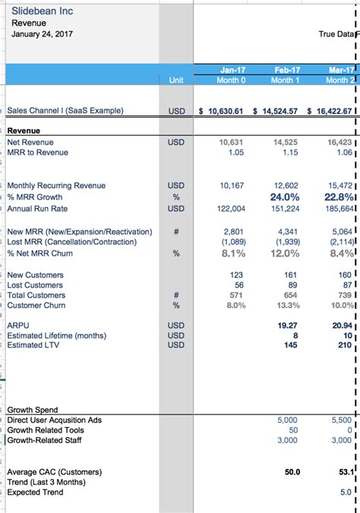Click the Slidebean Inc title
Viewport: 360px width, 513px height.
pos(42,11)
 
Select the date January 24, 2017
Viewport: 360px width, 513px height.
pos(43,34)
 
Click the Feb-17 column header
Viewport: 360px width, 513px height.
pos(286,69)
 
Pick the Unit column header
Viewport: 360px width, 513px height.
pos(176,80)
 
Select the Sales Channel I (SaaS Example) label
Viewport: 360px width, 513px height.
pos(65,111)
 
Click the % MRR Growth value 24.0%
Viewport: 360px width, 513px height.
pos(286,197)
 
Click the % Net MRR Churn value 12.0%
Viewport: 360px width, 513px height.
pos(286,253)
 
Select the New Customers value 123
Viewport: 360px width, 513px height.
pos(236,275)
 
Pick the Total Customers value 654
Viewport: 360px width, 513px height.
pos(290,295)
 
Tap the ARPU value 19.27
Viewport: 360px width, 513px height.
pos(287,324)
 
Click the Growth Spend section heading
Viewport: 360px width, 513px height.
pos(32,410)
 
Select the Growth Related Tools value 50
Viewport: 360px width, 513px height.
pos(293,430)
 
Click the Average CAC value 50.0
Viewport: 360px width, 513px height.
pos(292,471)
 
